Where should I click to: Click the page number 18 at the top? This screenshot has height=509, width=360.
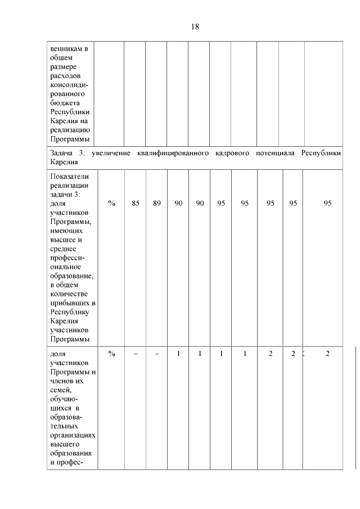point(195,27)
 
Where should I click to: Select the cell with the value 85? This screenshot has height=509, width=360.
point(136,204)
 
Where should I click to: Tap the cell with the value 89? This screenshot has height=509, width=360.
point(156,204)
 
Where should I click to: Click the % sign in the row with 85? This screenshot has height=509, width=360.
point(112,204)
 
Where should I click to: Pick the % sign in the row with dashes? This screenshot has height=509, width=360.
point(112,353)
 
